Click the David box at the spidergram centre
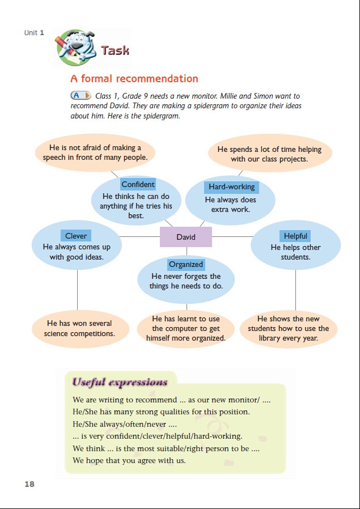click(186, 237)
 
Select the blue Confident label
click(138, 184)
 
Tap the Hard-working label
click(231, 187)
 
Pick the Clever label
click(76, 236)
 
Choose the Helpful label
click(295, 236)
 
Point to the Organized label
click(185, 264)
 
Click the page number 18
click(29, 483)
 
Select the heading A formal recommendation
click(134, 79)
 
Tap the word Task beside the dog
click(115, 50)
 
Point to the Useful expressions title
click(120, 382)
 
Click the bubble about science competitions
click(79, 328)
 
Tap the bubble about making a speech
click(95, 152)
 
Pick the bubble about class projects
click(269, 154)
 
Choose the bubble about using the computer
click(186, 328)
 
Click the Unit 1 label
click(31, 33)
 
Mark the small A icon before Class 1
click(81, 96)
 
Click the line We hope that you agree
click(129, 460)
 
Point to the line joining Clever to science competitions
click(77, 289)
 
